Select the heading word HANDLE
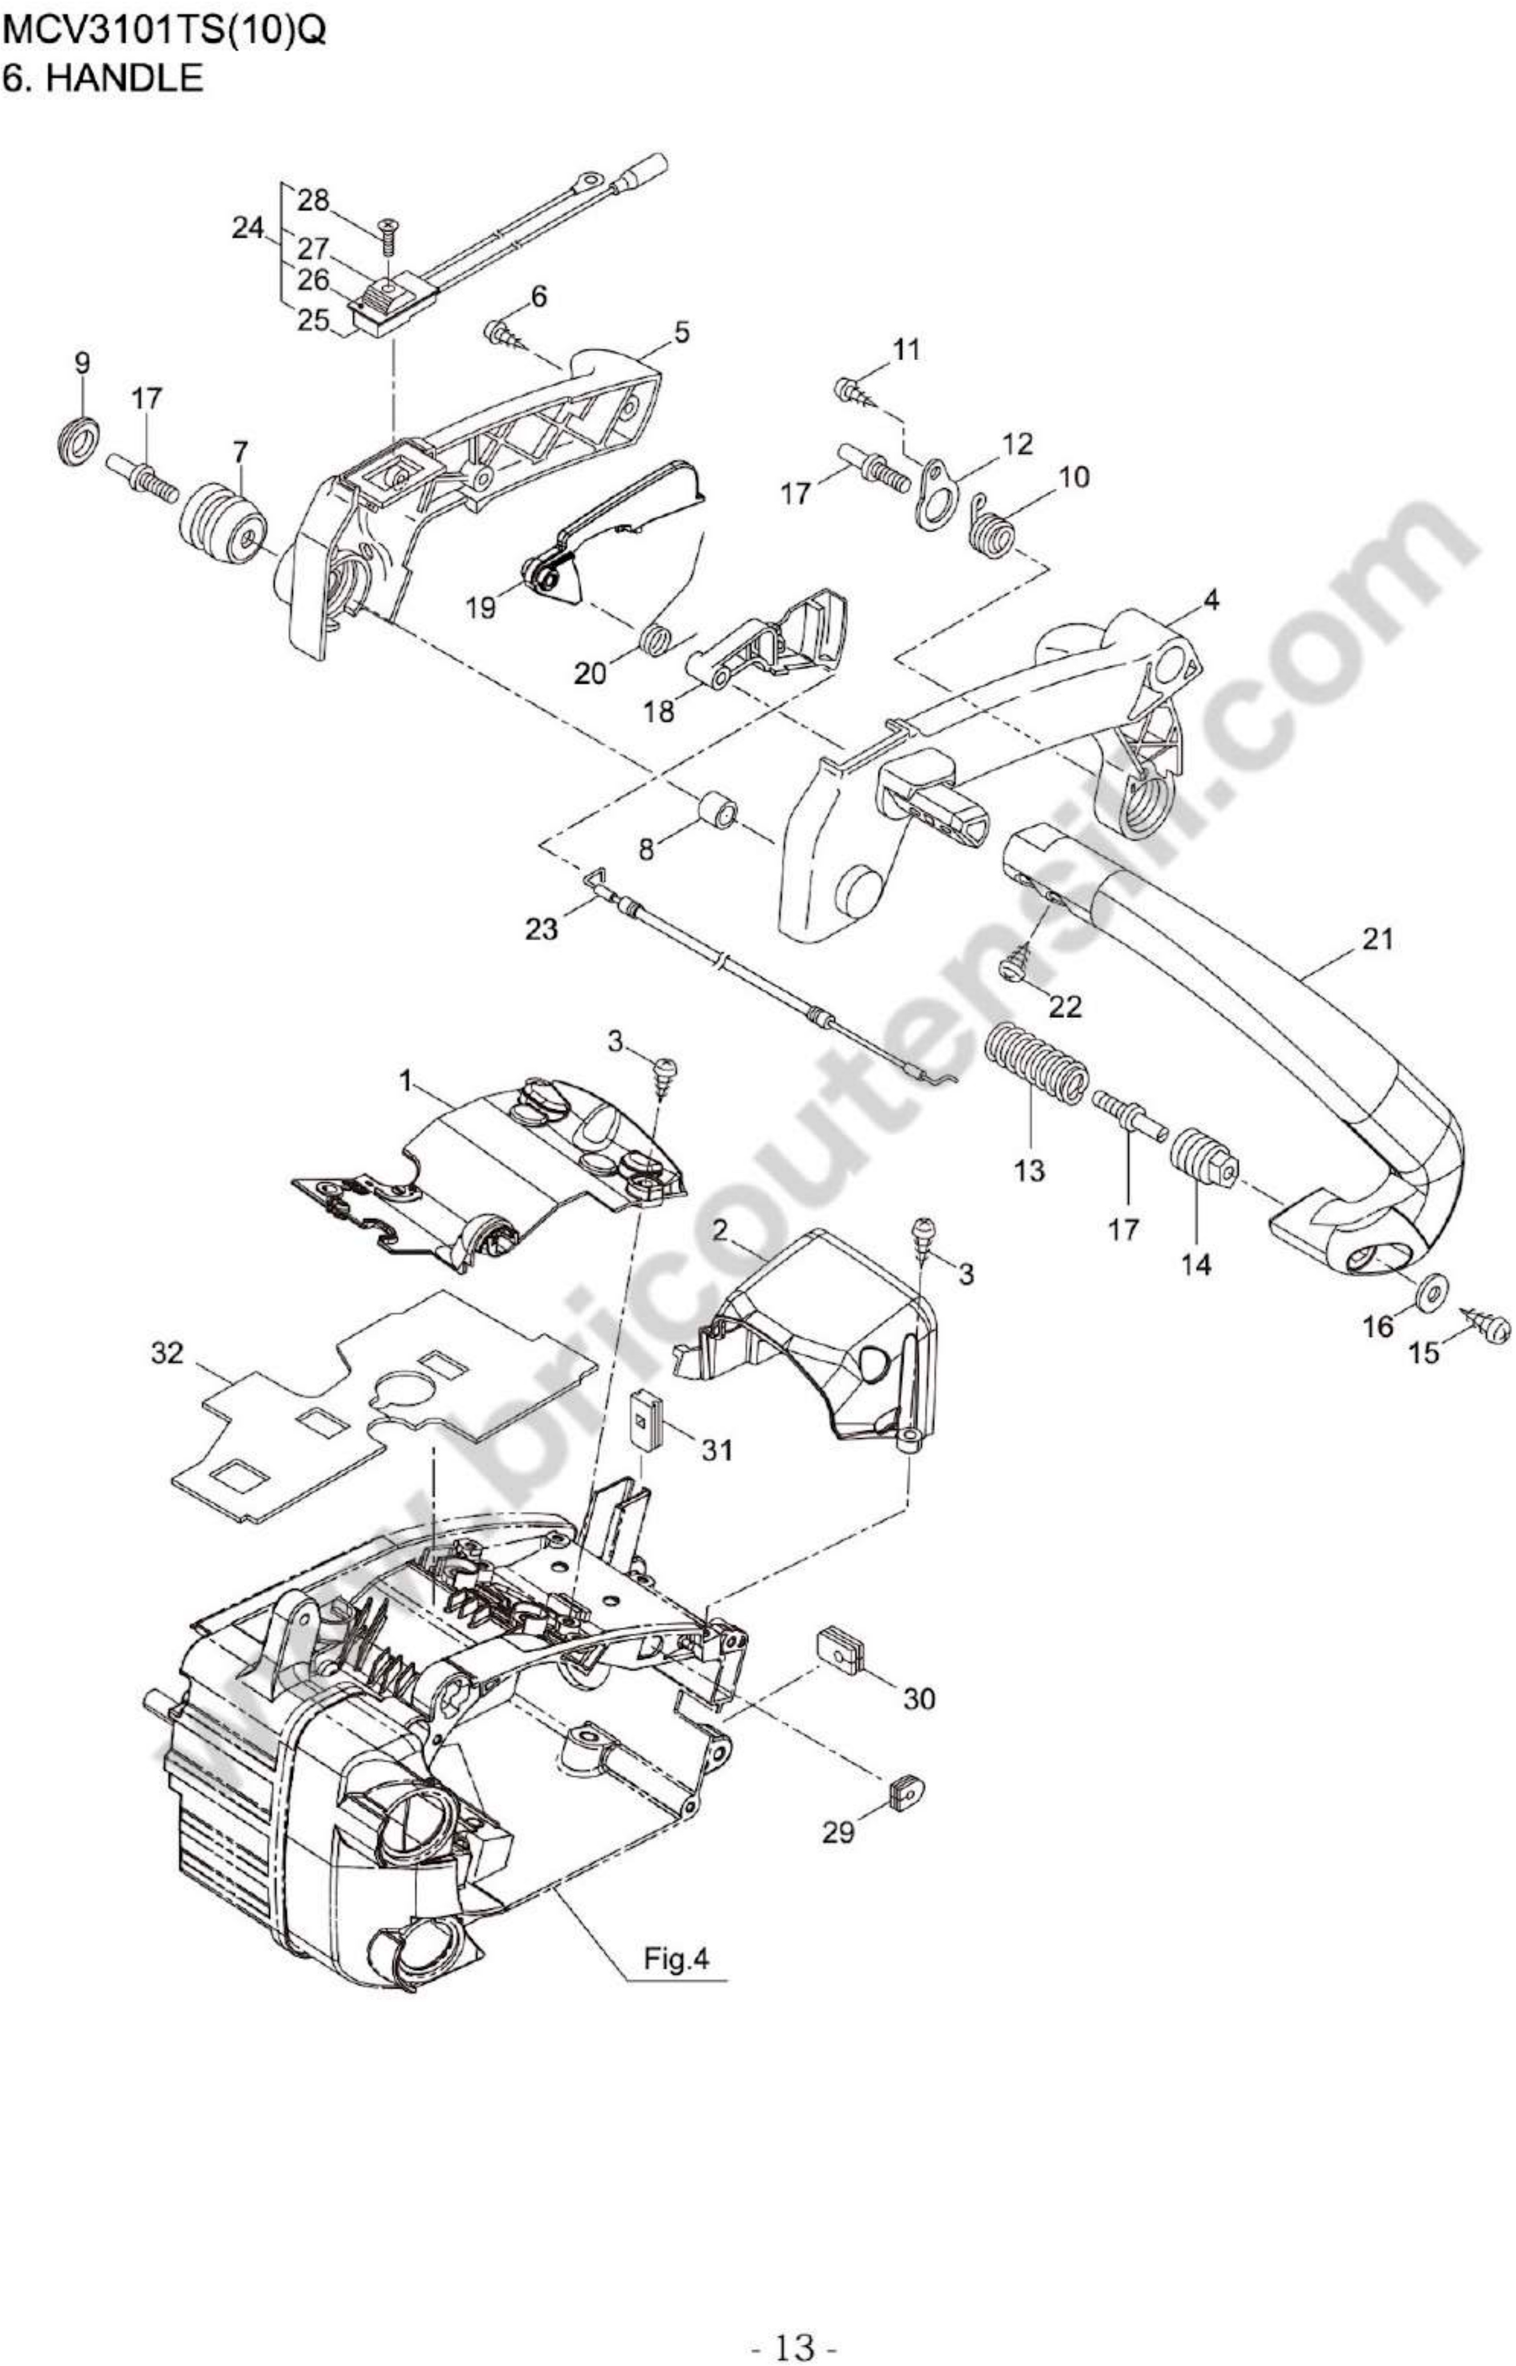pyautogui.click(x=125, y=78)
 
